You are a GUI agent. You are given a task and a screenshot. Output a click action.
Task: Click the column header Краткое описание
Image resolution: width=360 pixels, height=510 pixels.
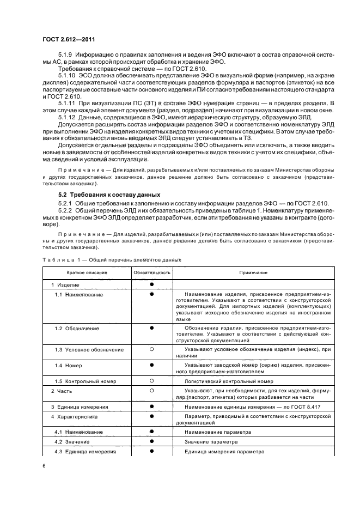tap(87, 272)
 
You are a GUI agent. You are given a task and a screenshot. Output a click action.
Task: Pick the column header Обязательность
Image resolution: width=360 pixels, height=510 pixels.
tap(152, 272)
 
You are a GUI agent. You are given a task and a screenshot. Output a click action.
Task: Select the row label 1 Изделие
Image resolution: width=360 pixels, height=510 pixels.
tap(65, 284)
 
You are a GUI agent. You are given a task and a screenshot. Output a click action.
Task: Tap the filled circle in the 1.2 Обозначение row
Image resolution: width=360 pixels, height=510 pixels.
tap(152, 328)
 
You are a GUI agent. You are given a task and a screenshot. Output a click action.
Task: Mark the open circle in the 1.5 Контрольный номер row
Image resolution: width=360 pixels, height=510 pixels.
tap(152, 382)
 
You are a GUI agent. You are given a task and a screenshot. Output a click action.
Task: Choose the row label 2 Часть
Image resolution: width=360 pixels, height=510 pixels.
tap(62, 391)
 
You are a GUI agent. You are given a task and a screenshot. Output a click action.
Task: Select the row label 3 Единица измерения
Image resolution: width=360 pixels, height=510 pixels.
tap(80, 406)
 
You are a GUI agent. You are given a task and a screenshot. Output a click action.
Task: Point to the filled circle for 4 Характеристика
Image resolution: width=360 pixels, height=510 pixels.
tap(152, 416)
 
